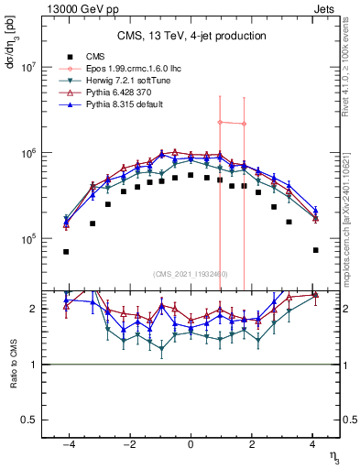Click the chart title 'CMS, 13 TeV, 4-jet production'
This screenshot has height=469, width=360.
(191, 36)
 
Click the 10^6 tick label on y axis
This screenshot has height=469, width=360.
(28, 153)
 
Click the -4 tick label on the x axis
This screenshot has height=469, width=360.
(66, 444)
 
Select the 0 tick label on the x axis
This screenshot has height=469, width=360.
(191, 444)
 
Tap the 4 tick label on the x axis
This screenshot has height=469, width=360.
(312, 444)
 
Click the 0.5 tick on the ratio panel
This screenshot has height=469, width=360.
(28, 420)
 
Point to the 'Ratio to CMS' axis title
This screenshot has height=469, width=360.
(12, 365)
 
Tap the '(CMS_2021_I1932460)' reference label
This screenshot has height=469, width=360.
(191, 274)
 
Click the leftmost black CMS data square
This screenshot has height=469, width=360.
(66, 251)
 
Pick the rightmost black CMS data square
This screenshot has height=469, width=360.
(315, 250)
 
